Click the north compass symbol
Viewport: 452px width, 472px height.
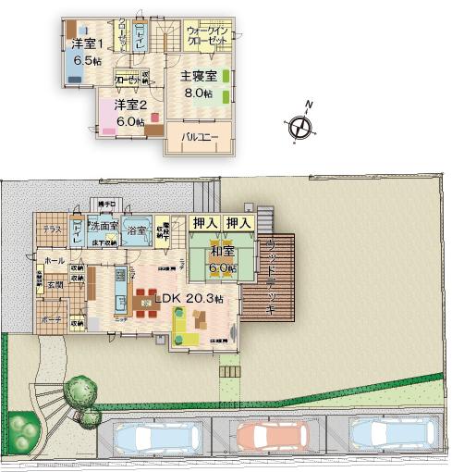click(x=299, y=127)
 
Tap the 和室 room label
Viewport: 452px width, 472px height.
click(x=220, y=251)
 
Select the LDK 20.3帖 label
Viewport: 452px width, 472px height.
click(x=189, y=299)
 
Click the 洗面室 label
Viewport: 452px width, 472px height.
click(x=104, y=226)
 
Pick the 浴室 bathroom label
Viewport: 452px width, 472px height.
click(x=137, y=226)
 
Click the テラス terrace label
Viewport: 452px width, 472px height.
click(x=52, y=229)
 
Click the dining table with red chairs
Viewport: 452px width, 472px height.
click(x=146, y=303)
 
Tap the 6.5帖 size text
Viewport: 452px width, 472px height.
click(x=79, y=61)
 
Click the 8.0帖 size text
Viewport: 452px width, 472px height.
click(x=197, y=93)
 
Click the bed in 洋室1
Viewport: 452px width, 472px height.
click(x=78, y=30)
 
